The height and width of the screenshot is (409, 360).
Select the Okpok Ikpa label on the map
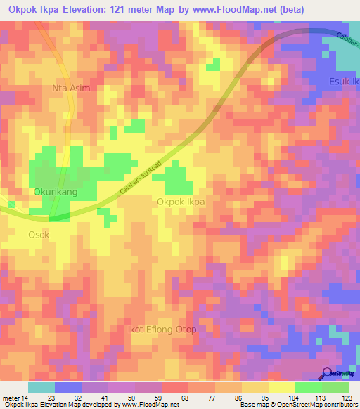(181, 202)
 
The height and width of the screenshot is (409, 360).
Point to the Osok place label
(39, 235)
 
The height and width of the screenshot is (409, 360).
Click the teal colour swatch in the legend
(41, 387)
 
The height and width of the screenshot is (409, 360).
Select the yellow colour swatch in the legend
(281, 387)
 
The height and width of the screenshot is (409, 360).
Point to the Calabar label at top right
(347, 41)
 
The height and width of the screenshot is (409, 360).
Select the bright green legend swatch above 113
(309, 387)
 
